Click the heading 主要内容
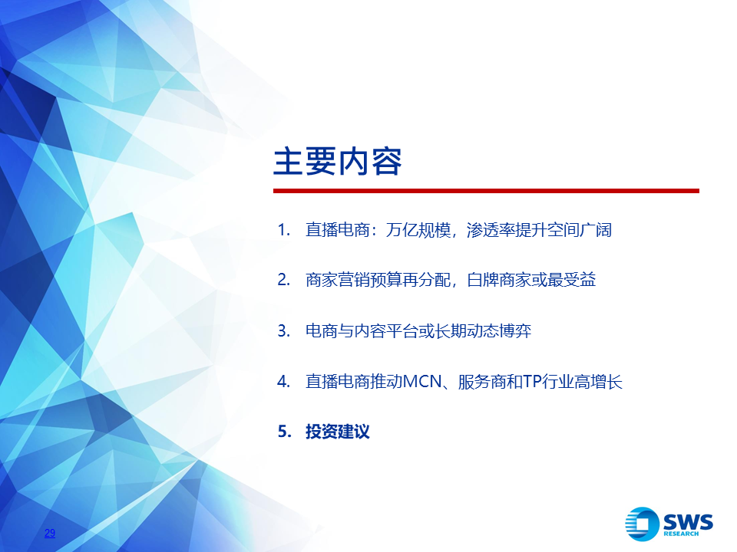pos(338,162)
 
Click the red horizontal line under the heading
pos(486,191)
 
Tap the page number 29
pos(50,533)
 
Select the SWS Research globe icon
pos(642,524)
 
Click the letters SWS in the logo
pos(688,522)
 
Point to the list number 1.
pos(283,230)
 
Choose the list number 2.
pos(283,280)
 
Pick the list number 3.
pos(283,331)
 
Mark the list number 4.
pos(283,381)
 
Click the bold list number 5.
pos(284,432)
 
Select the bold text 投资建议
pos(338,432)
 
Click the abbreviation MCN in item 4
pos(422,381)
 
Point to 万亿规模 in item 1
pos(418,230)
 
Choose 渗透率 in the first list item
pos(491,230)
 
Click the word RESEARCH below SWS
pos(681,534)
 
